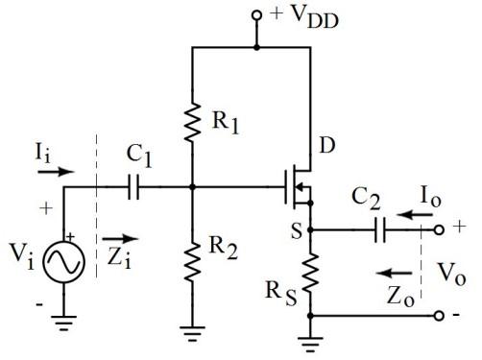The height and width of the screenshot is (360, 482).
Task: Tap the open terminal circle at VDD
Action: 256,16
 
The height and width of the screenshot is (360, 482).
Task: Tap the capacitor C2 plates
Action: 381,230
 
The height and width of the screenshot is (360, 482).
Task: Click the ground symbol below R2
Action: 192,333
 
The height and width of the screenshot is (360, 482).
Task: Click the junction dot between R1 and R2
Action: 192,188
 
